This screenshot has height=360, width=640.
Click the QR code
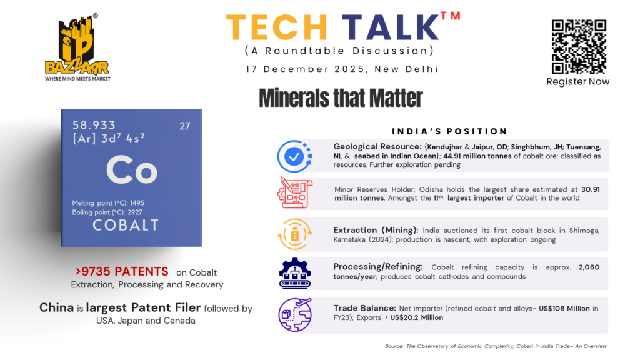(x=579, y=46)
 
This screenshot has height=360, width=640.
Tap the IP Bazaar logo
(x=77, y=47)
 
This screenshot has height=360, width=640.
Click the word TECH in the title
(x=277, y=27)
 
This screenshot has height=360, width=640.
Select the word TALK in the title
(x=390, y=27)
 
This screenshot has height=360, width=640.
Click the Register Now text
(x=578, y=82)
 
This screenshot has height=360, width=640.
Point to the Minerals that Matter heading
(x=341, y=98)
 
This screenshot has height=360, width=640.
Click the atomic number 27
(x=185, y=126)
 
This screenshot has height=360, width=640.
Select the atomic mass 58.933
(x=94, y=125)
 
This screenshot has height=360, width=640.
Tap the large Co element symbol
(x=131, y=169)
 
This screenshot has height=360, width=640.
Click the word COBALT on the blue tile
(x=125, y=225)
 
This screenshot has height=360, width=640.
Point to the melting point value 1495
(x=137, y=203)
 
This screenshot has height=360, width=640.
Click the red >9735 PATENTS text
(x=122, y=271)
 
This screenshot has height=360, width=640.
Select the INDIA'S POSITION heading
(x=449, y=131)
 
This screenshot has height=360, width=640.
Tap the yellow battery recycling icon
(x=295, y=234)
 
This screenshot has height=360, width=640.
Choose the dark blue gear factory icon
(x=295, y=274)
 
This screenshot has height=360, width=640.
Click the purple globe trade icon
(x=295, y=315)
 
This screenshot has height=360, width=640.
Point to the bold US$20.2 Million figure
(x=416, y=317)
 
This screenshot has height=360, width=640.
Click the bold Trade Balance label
(x=364, y=308)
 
